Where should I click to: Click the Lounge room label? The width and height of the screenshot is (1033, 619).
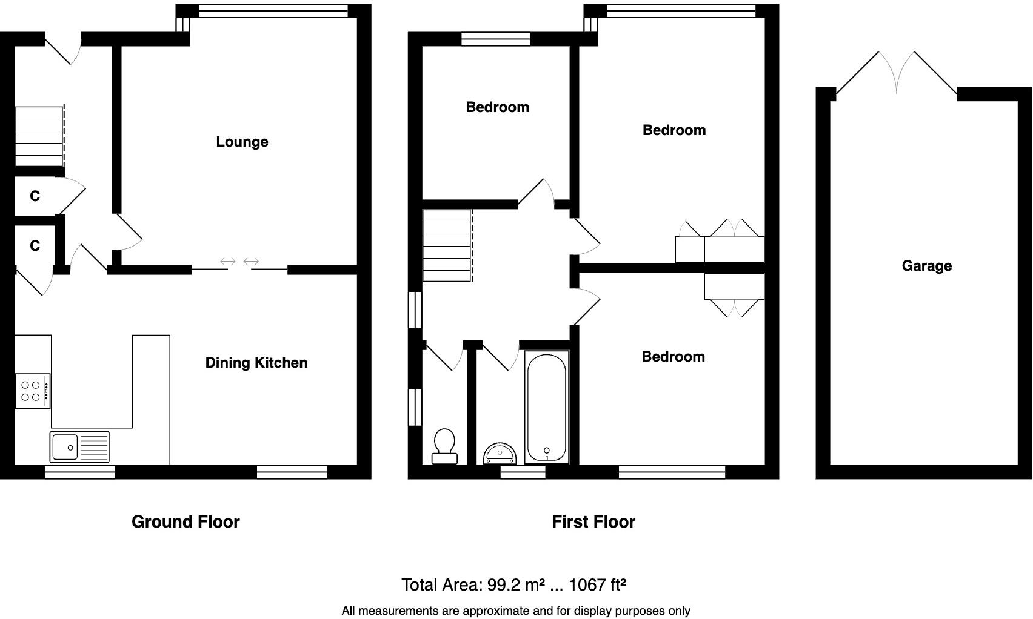(242, 142)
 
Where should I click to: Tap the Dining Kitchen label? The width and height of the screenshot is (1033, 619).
(256, 363)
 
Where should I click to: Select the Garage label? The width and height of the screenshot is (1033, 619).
(926, 266)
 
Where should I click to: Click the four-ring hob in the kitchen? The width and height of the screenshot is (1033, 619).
(32, 391)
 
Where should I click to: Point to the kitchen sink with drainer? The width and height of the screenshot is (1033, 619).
(80, 447)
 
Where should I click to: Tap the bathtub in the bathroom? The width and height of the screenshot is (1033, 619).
(547, 408)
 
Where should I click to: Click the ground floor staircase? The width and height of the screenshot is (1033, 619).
(39, 136)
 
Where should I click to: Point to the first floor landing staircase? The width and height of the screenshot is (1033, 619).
(447, 245)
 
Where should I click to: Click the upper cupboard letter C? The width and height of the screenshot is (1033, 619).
(35, 196)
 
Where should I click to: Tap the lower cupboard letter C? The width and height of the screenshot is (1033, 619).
(35, 246)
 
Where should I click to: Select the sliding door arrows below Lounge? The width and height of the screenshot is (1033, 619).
(239, 262)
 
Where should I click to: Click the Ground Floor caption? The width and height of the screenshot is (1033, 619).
(186, 522)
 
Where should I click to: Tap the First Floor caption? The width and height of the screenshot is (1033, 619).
(593, 522)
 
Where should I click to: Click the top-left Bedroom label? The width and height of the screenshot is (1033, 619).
(497, 108)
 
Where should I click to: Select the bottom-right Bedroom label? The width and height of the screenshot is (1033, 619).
(673, 357)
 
